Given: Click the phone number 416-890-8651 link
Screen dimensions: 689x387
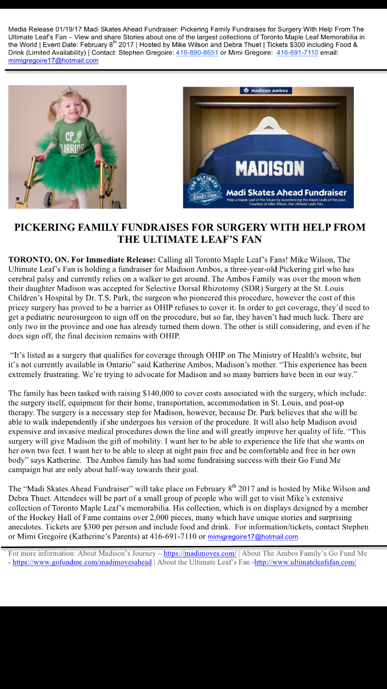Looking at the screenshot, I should (197, 53).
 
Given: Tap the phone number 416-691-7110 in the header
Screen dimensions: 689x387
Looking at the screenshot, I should (297, 53).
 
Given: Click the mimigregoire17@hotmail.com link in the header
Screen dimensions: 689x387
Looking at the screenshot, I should (53, 60).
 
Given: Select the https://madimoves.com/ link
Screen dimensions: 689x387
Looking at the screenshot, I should (200, 553).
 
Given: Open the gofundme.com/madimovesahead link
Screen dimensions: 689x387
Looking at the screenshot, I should (82, 562).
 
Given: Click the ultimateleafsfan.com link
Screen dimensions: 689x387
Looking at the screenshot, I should (305, 562).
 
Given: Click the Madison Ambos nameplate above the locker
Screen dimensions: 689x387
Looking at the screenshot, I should (266, 90).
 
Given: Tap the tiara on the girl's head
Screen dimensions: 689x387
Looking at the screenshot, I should (68, 92).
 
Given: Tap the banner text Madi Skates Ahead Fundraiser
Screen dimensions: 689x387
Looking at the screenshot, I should (286, 193).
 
